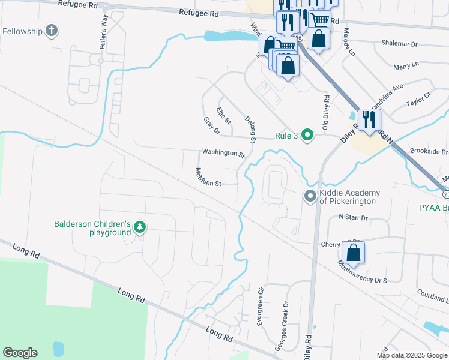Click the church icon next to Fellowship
point(52,31)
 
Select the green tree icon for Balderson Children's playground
point(139,227)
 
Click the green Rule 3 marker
point(307,135)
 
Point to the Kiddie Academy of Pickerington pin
point(310,196)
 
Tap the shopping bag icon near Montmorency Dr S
point(354,253)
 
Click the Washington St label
point(223,153)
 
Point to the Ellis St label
point(224,114)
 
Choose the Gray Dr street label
point(211,126)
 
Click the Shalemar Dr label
point(399,44)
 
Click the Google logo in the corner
point(20,353)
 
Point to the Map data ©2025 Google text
point(412,355)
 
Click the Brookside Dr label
point(429,152)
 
